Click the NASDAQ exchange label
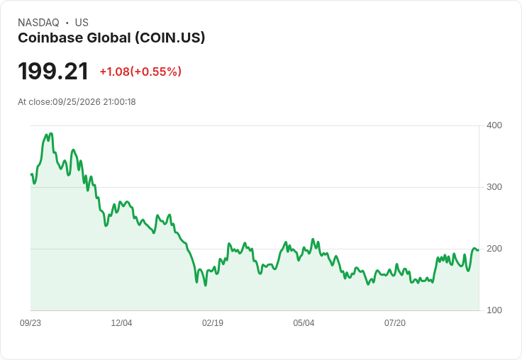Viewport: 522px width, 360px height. pos(38,23)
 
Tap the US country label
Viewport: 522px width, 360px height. pos(82,23)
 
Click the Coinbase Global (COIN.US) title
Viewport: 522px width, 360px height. pos(111,38)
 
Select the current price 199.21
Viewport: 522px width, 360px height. pos(53,71)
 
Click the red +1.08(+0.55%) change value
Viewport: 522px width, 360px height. pos(140,72)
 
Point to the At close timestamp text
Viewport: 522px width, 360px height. pos(77,102)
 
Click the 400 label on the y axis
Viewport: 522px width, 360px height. pos(494,125)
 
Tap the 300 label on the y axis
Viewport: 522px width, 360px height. pos(494,187)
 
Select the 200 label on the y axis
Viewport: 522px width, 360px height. pos(494,249)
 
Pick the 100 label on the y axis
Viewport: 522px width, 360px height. pos(494,310)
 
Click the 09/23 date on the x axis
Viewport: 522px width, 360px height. pos(30,323)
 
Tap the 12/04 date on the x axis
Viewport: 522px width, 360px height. pos(121,323)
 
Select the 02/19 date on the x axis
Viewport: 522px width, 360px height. pos(213,323)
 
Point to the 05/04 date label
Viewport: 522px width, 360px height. pos(304,323)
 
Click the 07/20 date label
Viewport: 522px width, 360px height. pos(395,323)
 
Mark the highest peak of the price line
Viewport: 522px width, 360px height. pos(51,133)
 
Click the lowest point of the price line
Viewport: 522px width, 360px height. pos(206,286)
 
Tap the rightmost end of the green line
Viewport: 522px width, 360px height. pos(479,250)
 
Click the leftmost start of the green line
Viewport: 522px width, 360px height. pos(31,174)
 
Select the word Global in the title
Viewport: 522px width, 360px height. pos(109,38)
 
